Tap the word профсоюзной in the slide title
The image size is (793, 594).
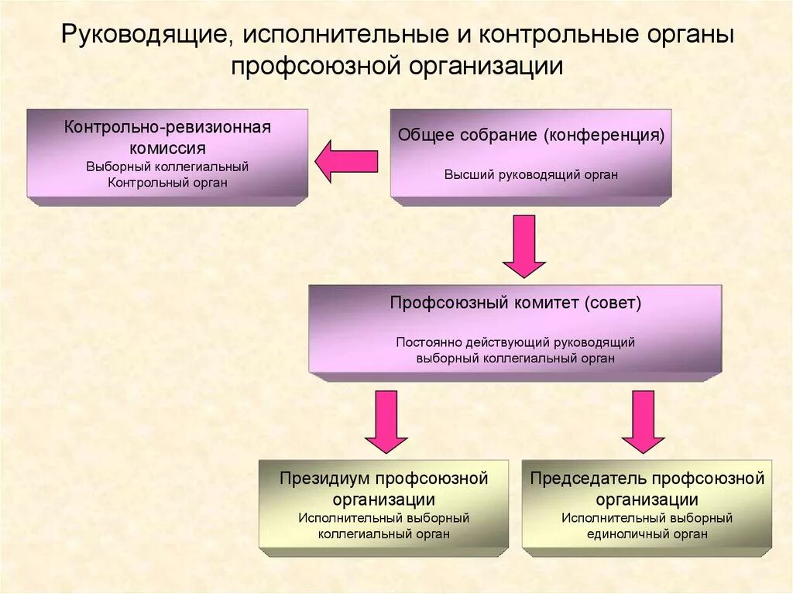(x=312, y=65)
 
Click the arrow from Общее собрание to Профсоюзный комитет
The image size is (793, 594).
(x=524, y=245)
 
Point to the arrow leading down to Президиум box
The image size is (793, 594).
(x=386, y=421)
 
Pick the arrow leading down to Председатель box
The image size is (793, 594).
(x=643, y=421)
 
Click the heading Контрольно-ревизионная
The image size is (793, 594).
(x=168, y=127)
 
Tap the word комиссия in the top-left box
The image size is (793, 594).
(x=168, y=147)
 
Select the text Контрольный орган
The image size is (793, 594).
(x=168, y=183)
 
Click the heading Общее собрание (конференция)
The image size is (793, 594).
(x=531, y=136)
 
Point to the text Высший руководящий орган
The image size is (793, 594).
(x=531, y=174)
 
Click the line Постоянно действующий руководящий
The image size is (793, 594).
(x=516, y=342)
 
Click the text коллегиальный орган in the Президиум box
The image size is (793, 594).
(x=384, y=534)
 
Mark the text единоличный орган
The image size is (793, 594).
(x=647, y=534)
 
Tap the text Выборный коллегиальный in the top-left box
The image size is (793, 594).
(x=168, y=167)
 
